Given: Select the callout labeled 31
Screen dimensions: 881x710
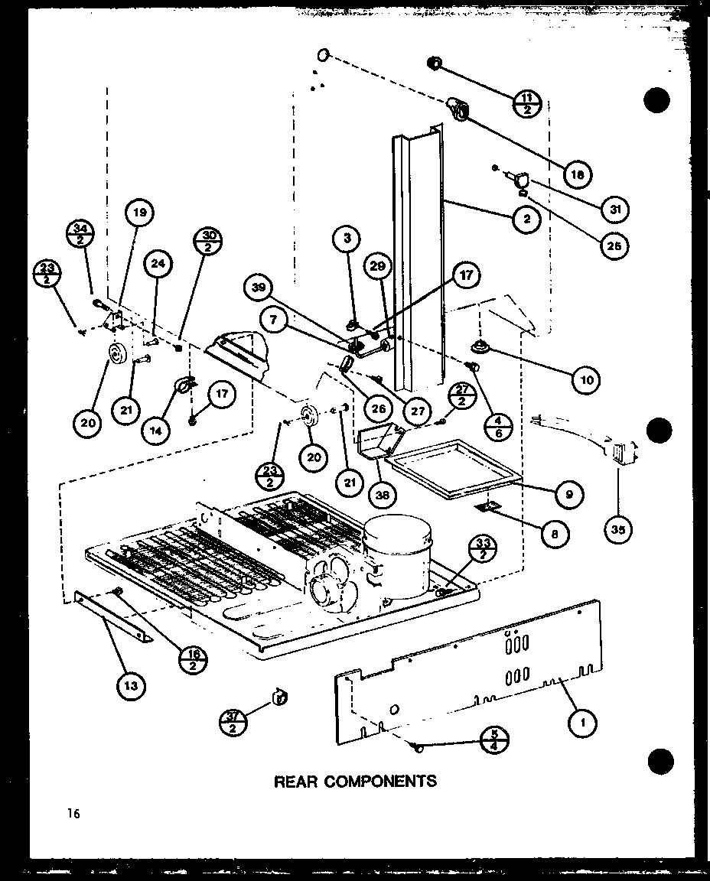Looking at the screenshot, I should (614, 208).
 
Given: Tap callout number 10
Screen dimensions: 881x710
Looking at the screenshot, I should (585, 379).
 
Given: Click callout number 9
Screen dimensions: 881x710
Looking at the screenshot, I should (570, 494).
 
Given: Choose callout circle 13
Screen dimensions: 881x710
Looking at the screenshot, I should (132, 685).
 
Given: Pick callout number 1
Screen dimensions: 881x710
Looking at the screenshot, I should (585, 720).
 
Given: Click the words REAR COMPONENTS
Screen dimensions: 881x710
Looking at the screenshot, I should (355, 781).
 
